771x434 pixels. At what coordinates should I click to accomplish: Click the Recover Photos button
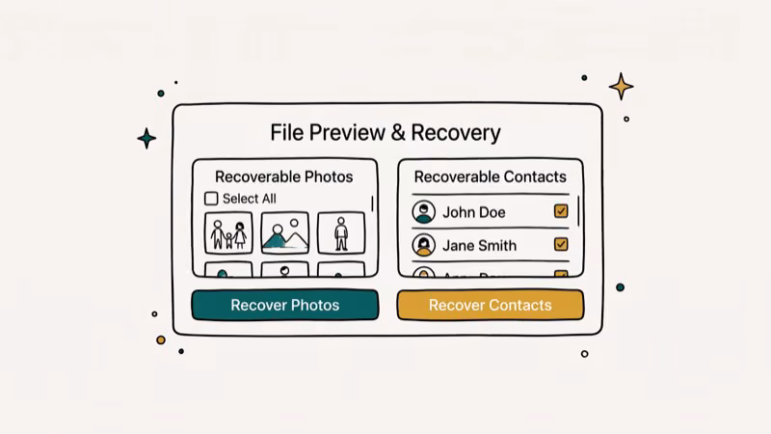point(284,305)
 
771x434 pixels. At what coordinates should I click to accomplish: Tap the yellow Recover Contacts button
point(490,305)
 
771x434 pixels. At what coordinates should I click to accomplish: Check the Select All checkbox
point(211,199)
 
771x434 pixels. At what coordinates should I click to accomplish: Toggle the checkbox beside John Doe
point(561,212)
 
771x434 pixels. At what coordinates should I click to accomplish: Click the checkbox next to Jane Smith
point(561,245)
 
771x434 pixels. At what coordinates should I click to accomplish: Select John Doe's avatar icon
point(423,212)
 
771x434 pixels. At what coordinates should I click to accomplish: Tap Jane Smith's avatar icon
point(423,245)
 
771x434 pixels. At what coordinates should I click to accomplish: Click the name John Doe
point(473,212)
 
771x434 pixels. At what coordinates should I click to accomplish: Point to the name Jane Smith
point(479,245)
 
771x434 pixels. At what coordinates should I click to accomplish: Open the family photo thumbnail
point(228,233)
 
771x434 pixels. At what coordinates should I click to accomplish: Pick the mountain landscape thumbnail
point(284,233)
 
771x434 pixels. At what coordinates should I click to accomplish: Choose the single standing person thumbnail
point(340,233)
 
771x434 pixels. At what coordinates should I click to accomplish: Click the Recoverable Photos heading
point(283,176)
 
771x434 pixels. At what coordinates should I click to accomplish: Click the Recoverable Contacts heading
point(490,176)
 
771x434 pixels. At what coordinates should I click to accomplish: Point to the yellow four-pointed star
point(622,87)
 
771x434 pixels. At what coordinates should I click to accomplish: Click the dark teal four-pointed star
point(146,138)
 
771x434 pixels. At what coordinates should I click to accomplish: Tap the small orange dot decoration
point(161,339)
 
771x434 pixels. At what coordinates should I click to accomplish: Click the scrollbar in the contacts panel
point(578,210)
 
